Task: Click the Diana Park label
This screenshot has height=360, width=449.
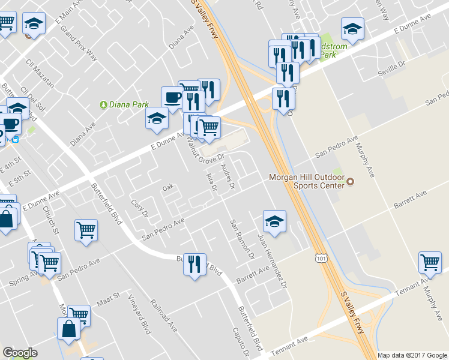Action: tap(128, 104)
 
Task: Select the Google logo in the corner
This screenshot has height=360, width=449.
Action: tap(20, 353)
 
